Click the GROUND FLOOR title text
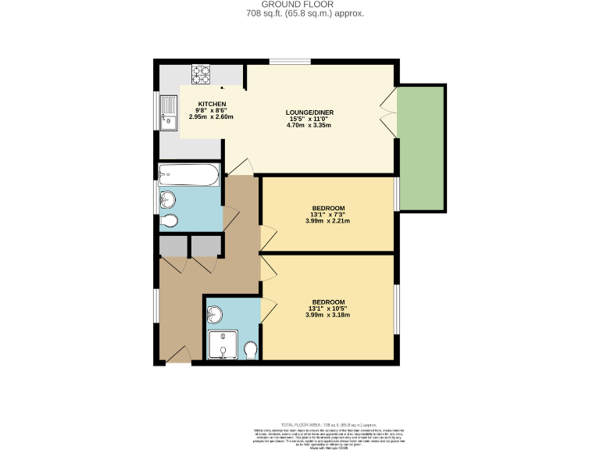coord(299,5)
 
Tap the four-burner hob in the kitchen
coord(202,74)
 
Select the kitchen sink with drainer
coord(168,111)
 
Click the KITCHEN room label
coord(212,104)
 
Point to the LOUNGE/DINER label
coord(309,112)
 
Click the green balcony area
coord(421,148)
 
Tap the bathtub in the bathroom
coord(188,174)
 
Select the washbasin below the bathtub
coord(168,200)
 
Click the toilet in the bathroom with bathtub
coord(170,221)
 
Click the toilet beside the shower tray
coord(251,349)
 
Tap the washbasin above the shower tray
coord(216,315)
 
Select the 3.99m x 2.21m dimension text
coord(327,220)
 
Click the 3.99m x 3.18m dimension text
coord(327,315)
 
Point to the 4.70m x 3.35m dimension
coord(309,125)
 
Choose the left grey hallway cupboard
coord(173,246)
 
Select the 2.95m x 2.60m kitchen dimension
coord(211,116)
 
